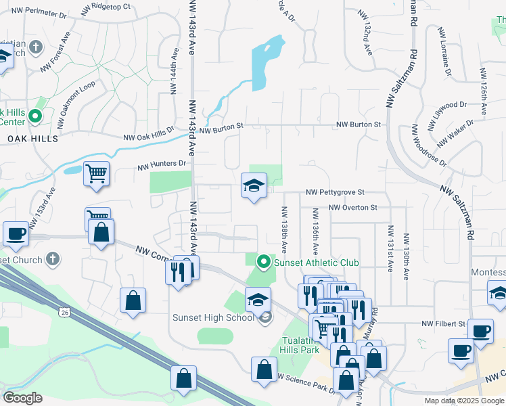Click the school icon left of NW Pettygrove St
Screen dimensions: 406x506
(x=254, y=186)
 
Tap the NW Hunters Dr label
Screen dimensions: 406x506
(x=162, y=164)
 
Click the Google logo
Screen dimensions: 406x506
(x=23, y=398)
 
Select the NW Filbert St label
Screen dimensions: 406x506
(x=444, y=325)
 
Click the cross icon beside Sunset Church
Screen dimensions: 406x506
(x=53, y=259)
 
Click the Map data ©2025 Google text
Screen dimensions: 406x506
(x=463, y=401)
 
